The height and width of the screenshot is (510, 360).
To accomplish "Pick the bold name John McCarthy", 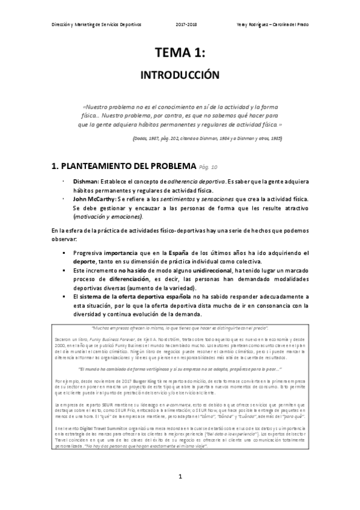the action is coord(95,198).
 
